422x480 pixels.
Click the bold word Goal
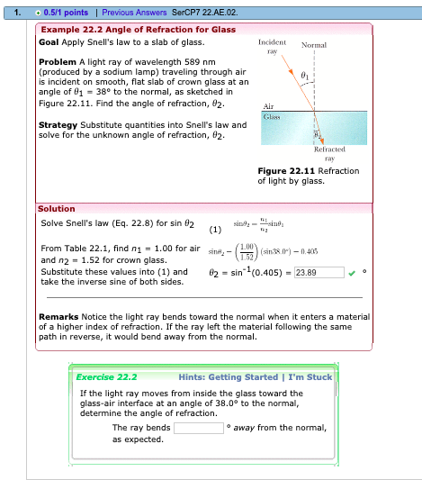(49, 41)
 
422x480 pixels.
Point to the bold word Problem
(58, 60)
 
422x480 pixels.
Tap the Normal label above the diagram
(314, 44)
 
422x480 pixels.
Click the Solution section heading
(56, 208)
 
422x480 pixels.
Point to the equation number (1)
(214, 229)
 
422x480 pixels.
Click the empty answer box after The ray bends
(198, 427)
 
